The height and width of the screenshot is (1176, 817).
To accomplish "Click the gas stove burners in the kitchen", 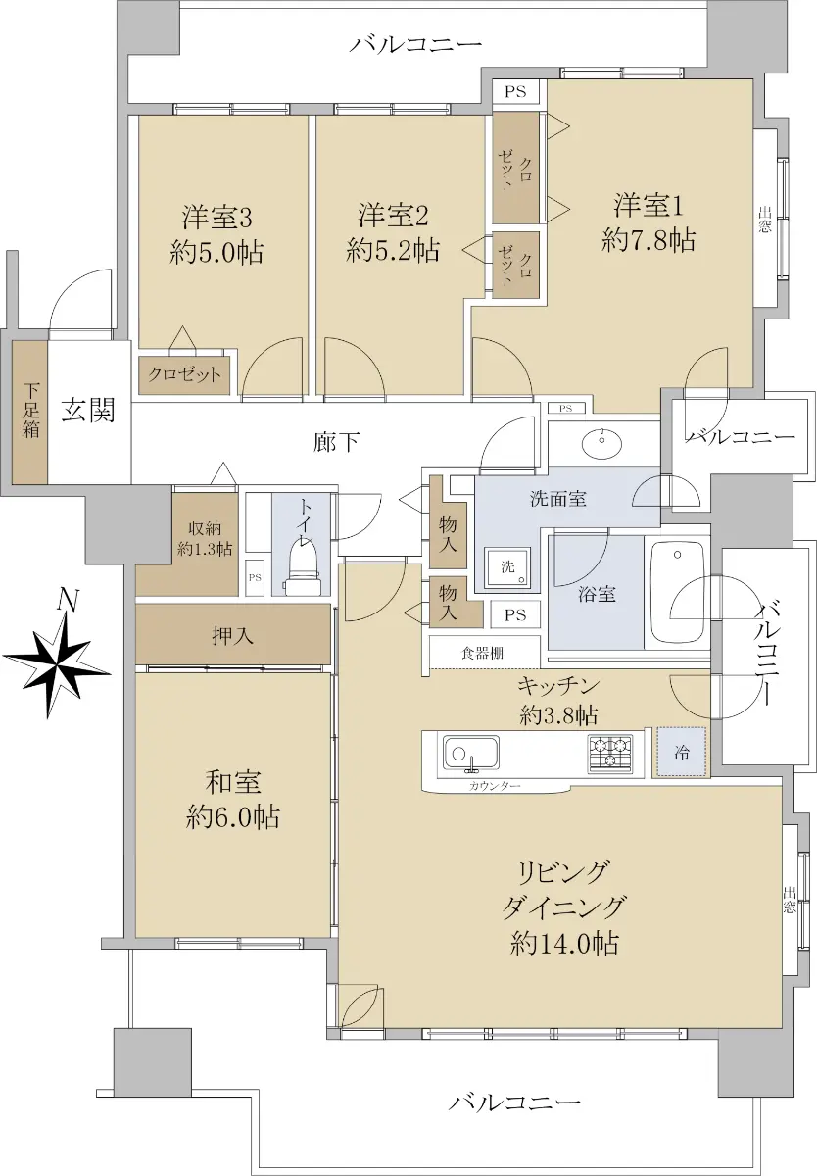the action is tap(609, 753).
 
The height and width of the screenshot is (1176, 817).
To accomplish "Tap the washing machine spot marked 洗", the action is tap(507, 567).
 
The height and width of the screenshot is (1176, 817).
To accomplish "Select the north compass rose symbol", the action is tap(57, 658).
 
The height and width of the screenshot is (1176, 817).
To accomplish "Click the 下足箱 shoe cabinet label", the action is tap(30, 411).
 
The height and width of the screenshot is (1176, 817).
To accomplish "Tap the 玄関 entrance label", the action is tap(88, 410).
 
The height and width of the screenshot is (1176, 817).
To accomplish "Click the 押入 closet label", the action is tap(232, 636).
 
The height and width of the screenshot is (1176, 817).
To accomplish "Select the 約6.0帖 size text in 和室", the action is tap(232, 817).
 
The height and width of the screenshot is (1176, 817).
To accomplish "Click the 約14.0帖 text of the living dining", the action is tap(564, 943).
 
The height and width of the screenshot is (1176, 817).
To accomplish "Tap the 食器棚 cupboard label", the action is tap(482, 653).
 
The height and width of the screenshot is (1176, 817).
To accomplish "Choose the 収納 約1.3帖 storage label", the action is tap(205, 539).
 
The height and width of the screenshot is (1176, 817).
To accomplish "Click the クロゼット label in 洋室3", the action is tap(184, 374).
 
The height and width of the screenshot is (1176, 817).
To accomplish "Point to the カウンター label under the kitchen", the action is tap(495, 786).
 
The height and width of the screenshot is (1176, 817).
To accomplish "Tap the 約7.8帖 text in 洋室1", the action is tap(649, 241).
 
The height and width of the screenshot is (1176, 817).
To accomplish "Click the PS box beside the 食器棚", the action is tap(514, 614).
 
